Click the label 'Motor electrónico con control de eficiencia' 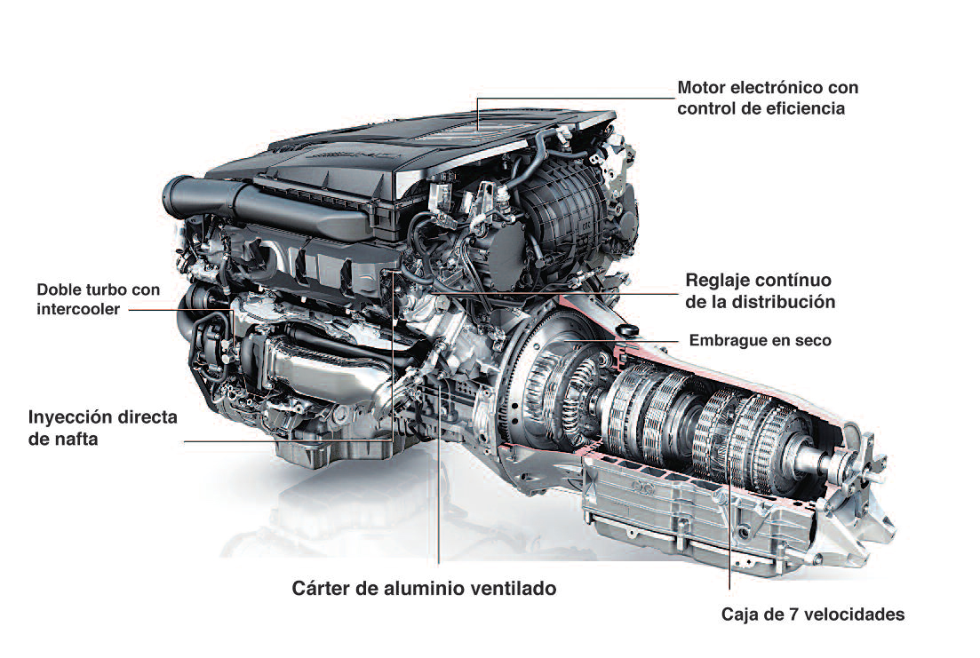point(767,99)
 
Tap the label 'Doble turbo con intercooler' point(98,300)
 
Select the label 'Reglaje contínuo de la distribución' point(760,290)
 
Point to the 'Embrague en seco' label point(761,340)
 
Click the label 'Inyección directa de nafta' point(103,427)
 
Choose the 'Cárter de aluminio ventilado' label point(424,588)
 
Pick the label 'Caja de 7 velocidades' point(812,614)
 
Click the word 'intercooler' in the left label point(78,310)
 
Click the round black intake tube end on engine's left point(174,189)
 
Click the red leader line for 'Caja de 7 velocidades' point(729,533)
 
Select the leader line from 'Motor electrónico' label point(569,99)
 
